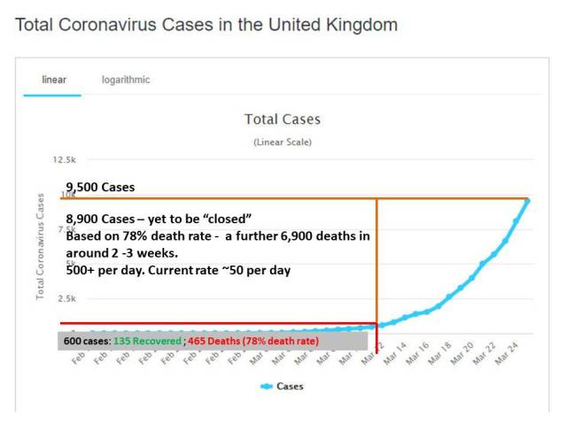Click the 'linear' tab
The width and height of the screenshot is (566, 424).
click(x=53, y=80)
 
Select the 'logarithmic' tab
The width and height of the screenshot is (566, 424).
click(x=126, y=80)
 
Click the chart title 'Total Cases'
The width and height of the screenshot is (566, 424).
click(x=283, y=119)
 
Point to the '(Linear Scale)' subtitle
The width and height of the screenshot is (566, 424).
click(x=283, y=142)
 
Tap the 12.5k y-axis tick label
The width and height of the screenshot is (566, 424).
click(x=66, y=161)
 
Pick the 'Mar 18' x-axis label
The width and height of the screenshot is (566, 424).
click(x=438, y=358)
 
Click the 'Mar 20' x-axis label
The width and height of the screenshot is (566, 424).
click(x=461, y=358)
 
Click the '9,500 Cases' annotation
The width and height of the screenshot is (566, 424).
click(x=100, y=187)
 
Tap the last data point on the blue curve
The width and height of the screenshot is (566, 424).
click(x=528, y=200)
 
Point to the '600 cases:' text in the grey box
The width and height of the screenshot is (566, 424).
click(x=86, y=341)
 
